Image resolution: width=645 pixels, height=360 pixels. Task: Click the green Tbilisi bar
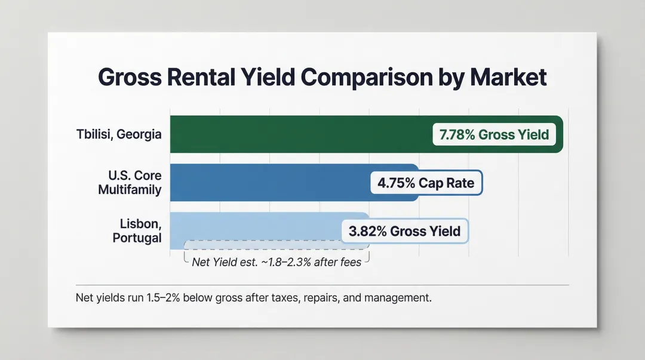[299, 134]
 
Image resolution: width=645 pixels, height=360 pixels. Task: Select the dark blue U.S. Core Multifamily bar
[269, 182]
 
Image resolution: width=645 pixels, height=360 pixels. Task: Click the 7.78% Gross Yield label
[494, 134]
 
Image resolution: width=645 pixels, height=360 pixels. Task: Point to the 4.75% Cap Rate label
[426, 183]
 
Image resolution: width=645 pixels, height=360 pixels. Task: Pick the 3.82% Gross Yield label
[404, 231]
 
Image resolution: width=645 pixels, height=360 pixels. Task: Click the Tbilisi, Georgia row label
[119, 134]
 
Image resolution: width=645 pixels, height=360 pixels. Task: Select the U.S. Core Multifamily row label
[135, 183]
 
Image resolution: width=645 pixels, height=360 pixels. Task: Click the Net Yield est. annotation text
[277, 261]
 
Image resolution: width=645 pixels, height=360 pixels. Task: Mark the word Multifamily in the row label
[135, 190]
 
